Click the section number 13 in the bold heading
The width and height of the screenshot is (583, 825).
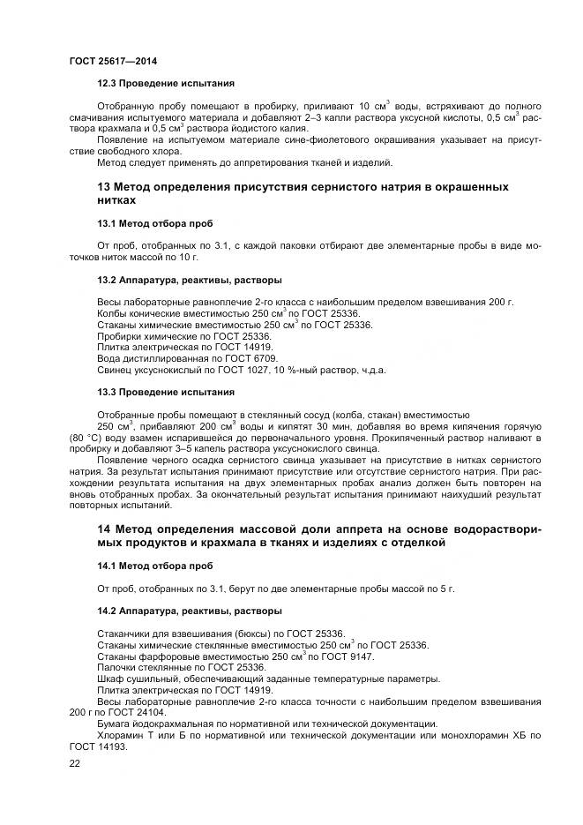(x=103, y=187)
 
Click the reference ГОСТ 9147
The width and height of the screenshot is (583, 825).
(x=346, y=656)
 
